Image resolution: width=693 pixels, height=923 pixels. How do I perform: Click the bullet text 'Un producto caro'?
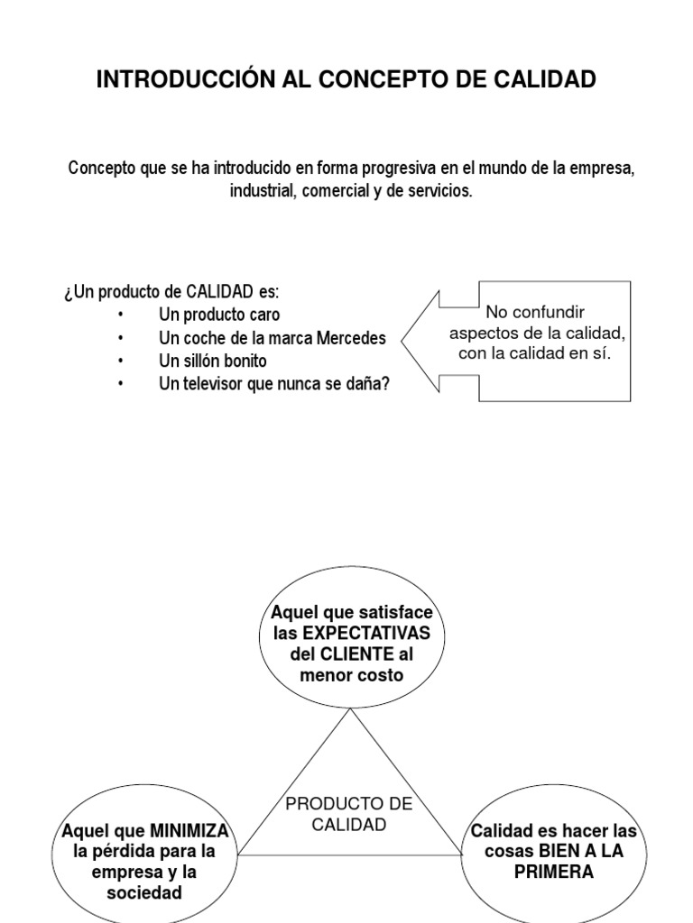pos(219,315)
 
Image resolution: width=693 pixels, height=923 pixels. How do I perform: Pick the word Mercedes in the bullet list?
pos(347,339)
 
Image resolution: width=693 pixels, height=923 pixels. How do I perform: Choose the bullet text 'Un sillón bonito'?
pos(213,361)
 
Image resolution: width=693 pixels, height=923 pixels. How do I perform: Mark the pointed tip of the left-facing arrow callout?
pos(402,341)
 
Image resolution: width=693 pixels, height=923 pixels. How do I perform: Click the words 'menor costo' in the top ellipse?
pos(351,675)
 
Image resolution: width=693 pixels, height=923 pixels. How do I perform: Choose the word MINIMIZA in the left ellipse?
pos(189,830)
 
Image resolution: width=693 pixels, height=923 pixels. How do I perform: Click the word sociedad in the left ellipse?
pos(143,892)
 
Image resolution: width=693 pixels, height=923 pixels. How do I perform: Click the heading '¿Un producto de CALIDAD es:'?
pos(171,293)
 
